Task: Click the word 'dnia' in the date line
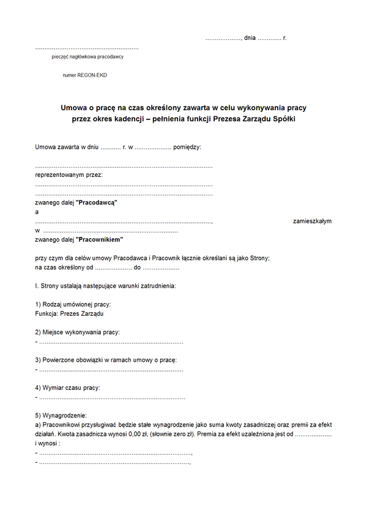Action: (x=250, y=38)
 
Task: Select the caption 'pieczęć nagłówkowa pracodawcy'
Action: (x=87, y=57)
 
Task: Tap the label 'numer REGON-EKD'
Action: (x=84, y=75)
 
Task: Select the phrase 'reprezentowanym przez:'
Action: (x=69, y=175)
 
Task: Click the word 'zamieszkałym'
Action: (x=312, y=221)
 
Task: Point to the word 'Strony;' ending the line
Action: (x=258, y=258)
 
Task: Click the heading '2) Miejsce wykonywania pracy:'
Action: (x=78, y=332)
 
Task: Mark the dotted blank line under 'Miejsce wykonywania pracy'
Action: (x=110, y=342)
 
